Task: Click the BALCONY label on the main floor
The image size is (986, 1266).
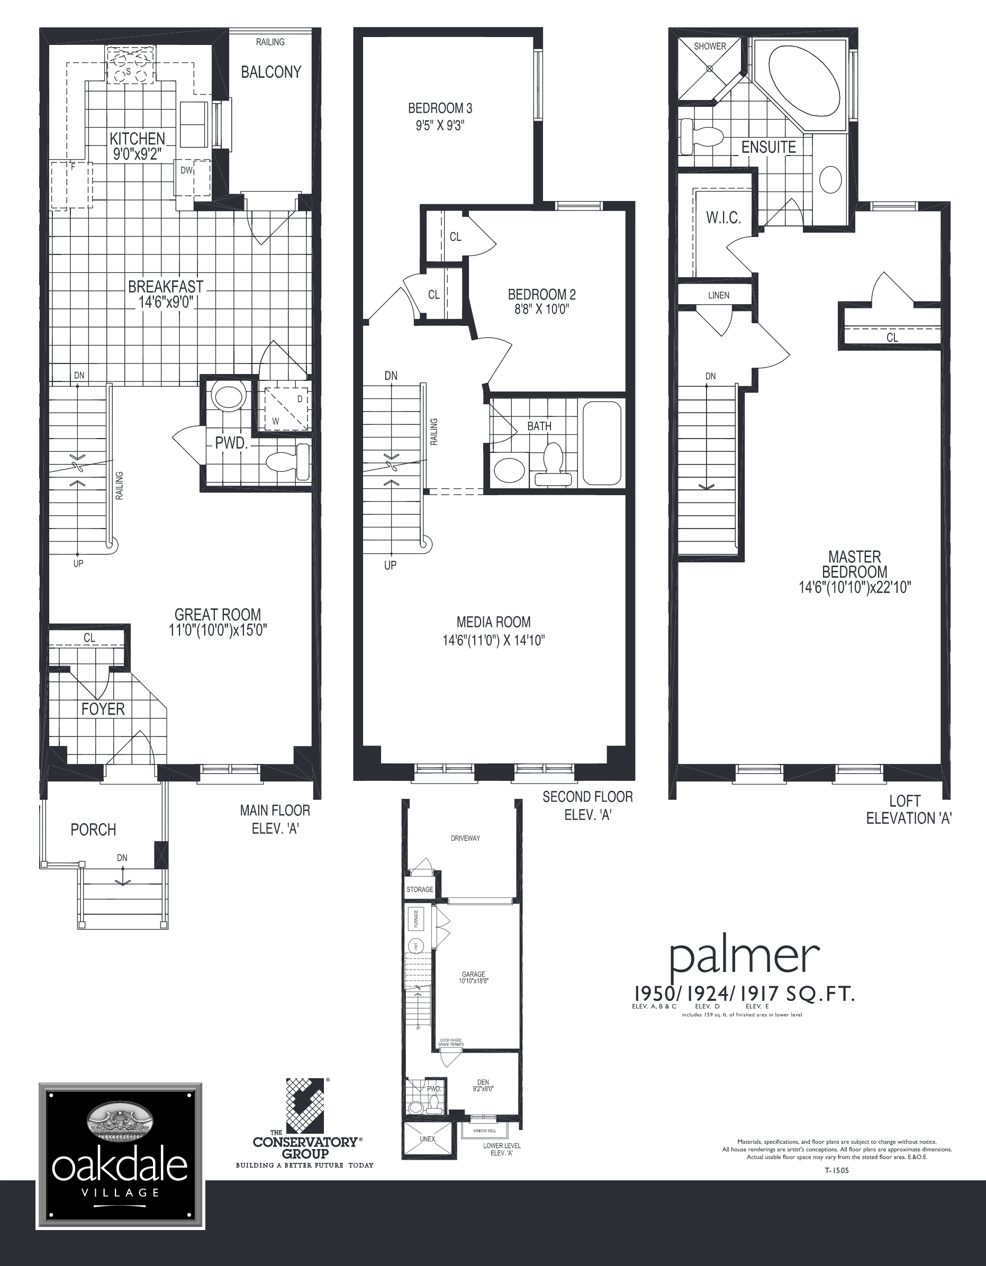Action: tap(271, 72)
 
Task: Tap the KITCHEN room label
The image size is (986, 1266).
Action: tap(138, 139)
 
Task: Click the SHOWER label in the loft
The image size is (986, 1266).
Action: tap(709, 47)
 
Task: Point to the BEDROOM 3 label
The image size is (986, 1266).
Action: tap(440, 108)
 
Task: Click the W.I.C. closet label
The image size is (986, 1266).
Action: tap(723, 218)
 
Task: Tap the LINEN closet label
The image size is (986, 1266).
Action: tap(718, 295)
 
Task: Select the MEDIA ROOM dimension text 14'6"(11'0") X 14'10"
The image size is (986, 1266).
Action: tap(493, 641)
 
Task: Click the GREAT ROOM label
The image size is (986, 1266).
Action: tap(218, 614)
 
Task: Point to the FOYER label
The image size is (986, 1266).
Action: tap(103, 709)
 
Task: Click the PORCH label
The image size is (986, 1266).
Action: tap(93, 830)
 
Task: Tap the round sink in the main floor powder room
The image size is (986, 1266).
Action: tap(229, 397)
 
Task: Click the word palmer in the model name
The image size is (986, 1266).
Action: tap(745, 958)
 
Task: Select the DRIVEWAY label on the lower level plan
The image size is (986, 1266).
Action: tap(465, 838)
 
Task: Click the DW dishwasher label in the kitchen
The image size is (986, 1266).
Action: tap(186, 170)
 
